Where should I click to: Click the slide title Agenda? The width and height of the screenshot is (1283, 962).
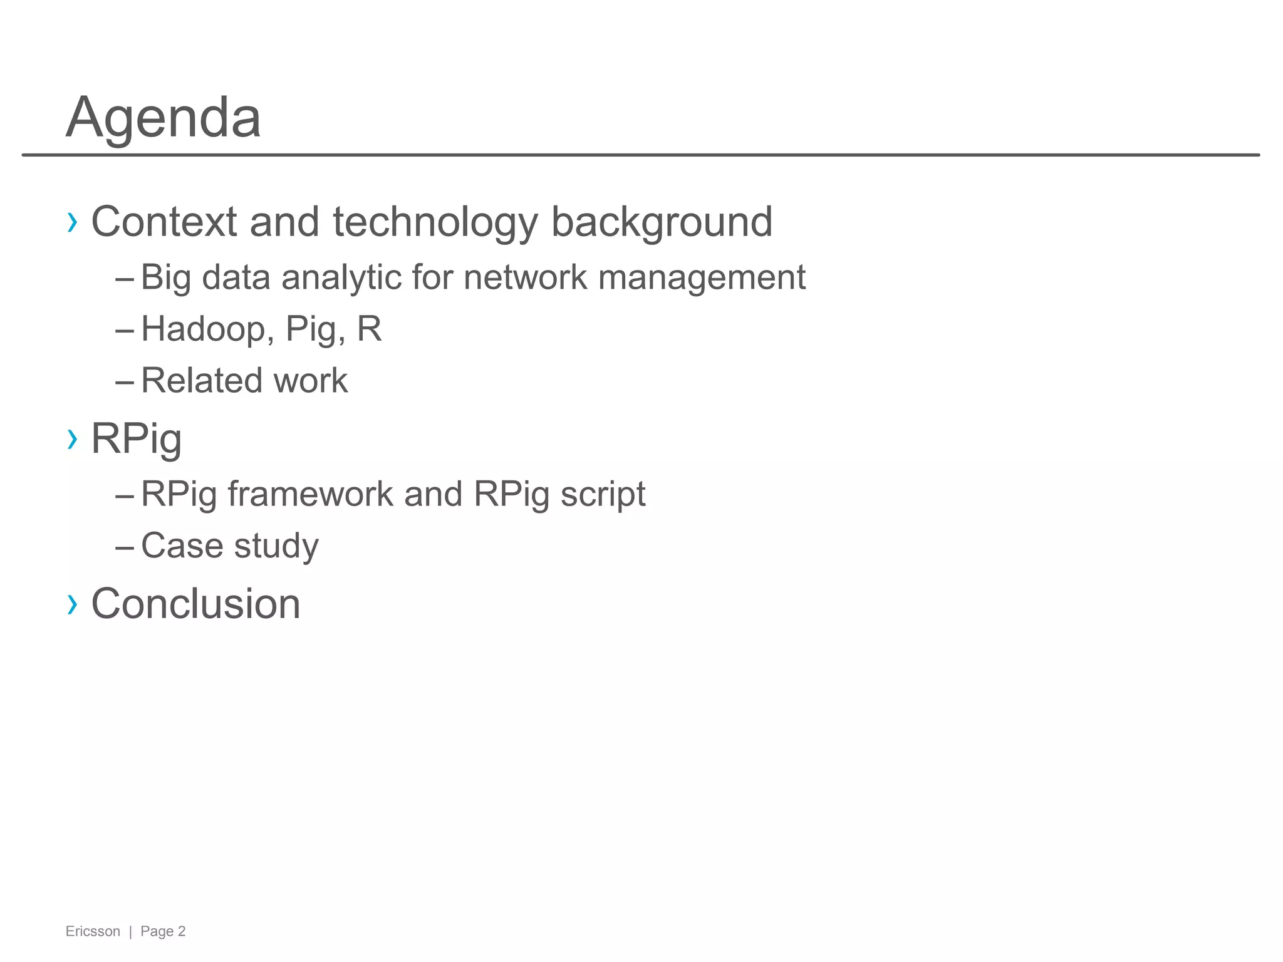click(x=163, y=118)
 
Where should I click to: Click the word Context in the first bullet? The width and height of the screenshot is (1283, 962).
click(x=164, y=222)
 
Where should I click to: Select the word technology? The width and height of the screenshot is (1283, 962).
click(x=435, y=223)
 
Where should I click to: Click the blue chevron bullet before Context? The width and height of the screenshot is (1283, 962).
click(x=73, y=222)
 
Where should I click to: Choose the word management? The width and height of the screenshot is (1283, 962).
click(x=702, y=279)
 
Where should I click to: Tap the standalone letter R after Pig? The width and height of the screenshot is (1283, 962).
click(x=369, y=329)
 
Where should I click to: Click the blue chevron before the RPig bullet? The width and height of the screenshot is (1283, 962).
click(x=73, y=439)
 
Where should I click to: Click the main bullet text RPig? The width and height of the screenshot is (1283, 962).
click(x=137, y=440)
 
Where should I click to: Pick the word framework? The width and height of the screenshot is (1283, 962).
click(x=310, y=494)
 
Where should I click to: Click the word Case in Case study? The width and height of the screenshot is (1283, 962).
click(x=182, y=546)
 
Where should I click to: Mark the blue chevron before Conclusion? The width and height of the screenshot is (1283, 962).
click(x=73, y=604)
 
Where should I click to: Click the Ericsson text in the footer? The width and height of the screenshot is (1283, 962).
click(x=93, y=931)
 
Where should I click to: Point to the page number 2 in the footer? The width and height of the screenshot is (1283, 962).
click(x=182, y=931)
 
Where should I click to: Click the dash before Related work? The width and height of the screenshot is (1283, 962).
click(x=125, y=381)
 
